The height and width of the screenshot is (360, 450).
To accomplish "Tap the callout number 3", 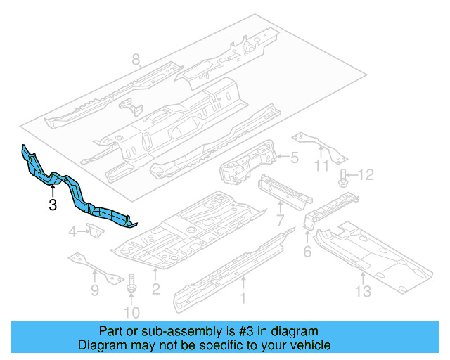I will point(53,205).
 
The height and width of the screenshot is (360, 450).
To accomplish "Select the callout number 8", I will point(136,61).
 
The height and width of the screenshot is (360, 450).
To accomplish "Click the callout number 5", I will point(295,159).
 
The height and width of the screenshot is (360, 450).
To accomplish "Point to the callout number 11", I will point(321,166).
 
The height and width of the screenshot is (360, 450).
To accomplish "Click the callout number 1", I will point(244,298).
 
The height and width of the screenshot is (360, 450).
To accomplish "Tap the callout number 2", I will point(156,288).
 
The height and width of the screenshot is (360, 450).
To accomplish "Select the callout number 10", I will point(131,312).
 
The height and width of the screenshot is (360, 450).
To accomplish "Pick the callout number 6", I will point(307,251).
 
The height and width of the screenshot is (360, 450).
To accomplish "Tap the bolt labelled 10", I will point(131,285).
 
